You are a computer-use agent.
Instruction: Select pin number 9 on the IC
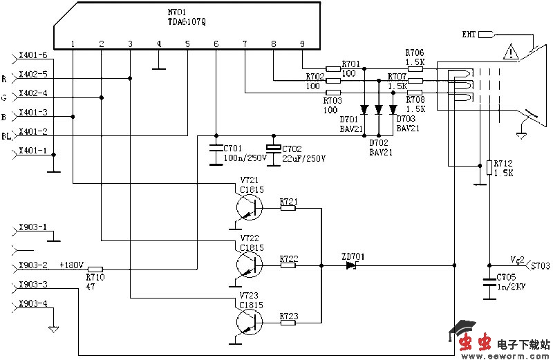point(302,44)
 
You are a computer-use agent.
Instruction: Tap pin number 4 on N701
point(158,44)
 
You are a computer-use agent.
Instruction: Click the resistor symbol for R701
point(333,68)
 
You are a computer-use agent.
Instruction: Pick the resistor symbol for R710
point(95,269)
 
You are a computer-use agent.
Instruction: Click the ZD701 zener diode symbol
point(351,264)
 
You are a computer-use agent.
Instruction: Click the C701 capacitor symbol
point(216,148)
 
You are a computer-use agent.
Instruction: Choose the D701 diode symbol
point(364,109)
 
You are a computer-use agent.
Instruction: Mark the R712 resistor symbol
point(489,168)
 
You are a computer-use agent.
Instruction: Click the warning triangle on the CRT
point(510,52)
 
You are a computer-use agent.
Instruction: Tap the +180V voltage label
point(71,265)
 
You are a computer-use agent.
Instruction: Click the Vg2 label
point(517,259)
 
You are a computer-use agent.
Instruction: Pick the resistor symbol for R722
point(288,264)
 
